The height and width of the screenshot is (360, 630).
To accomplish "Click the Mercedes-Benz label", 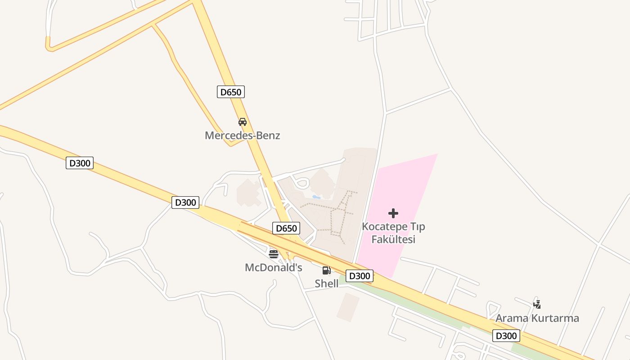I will (x=242, y=135).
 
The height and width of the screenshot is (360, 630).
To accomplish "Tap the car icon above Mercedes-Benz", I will (x=242, y=121).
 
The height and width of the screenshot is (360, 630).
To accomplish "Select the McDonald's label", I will (x=273, y=268).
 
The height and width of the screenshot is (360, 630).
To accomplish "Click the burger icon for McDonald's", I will (x=273, y=254).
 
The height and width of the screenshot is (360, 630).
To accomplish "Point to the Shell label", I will (x=326, y=283).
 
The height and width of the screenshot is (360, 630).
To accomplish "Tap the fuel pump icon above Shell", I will (x=326, y=270).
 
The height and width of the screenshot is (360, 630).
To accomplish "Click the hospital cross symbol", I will (x=393, y=213).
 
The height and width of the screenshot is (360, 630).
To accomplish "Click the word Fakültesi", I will (x=393, y=239).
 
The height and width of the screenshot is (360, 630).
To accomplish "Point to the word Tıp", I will (x=417, y=226).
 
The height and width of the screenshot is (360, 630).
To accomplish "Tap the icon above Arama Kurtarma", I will (x=537, y=304).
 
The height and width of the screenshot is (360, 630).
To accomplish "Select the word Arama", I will (x=512, y=319).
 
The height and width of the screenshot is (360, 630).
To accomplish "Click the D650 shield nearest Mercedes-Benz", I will (x=230, y=92).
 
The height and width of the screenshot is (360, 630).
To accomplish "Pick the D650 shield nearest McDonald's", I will (x=286, y=229).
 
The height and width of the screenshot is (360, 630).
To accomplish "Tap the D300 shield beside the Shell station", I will (x=359, y=276).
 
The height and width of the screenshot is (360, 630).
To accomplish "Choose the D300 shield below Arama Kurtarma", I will (x=506, y=336).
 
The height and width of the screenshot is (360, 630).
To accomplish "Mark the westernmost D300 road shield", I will (x=80, y=163).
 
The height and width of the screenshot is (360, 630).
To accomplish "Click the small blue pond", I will (x=316, y=197).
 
